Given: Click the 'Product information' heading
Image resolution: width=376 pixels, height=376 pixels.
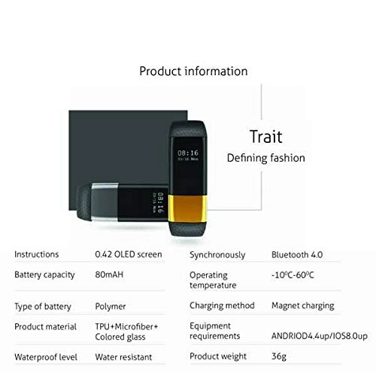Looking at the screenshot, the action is pos(193,71).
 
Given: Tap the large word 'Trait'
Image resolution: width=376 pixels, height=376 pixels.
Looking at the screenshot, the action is pos(266,137).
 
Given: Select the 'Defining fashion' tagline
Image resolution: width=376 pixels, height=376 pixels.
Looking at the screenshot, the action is pos(266,158).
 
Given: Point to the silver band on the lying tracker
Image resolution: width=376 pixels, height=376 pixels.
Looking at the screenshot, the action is pos(105,202).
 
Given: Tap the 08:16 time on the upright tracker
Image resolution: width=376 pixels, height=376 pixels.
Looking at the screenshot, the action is pos(188,153).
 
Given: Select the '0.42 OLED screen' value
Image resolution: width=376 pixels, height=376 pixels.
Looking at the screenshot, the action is pos(129,254).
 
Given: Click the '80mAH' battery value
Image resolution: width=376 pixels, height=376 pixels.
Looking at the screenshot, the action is pos(109,274).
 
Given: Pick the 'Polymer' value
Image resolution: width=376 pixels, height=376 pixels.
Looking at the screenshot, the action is pos(111,307).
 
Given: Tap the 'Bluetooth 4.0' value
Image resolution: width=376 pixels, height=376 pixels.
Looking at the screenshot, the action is pos(297,255).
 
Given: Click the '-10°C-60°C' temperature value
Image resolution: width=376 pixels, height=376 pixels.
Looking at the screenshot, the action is pos(293,275).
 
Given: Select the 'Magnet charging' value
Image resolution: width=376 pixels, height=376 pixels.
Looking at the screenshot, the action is pos(303,306).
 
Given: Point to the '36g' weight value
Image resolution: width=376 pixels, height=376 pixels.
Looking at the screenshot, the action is pos(279,356).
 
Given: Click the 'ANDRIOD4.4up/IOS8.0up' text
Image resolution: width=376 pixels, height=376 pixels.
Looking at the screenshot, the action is pos(320,336).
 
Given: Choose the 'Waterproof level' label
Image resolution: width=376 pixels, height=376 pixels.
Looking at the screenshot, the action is pos(46,357).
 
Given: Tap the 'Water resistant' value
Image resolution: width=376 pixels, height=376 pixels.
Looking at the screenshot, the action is pos(123,357).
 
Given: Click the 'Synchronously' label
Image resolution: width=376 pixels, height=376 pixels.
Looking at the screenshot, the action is pos(217,255).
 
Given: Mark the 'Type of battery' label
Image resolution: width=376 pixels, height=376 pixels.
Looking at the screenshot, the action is pos(43,307).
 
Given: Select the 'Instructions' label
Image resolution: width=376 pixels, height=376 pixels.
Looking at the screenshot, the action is pos(37,254).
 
